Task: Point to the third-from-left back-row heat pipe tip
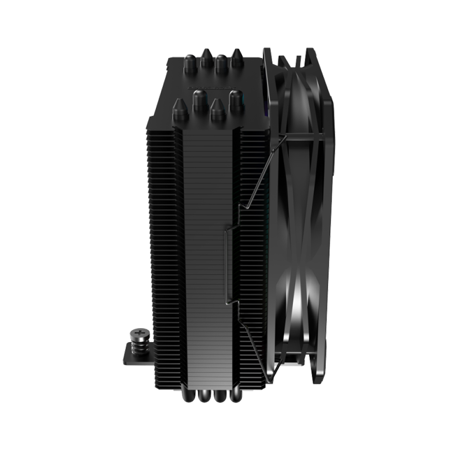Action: point(221,63)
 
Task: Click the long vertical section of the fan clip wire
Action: point(225,264)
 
